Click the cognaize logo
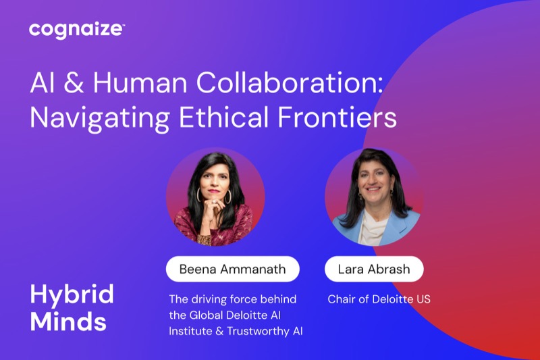pos(77,30)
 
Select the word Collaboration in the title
pos(290,82)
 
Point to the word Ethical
pos(223,117)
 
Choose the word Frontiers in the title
pos(337,117)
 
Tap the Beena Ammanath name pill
pos(233,269)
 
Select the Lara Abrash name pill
pos(374,269)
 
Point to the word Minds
pos(68,322)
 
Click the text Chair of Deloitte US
pos(379,299)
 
